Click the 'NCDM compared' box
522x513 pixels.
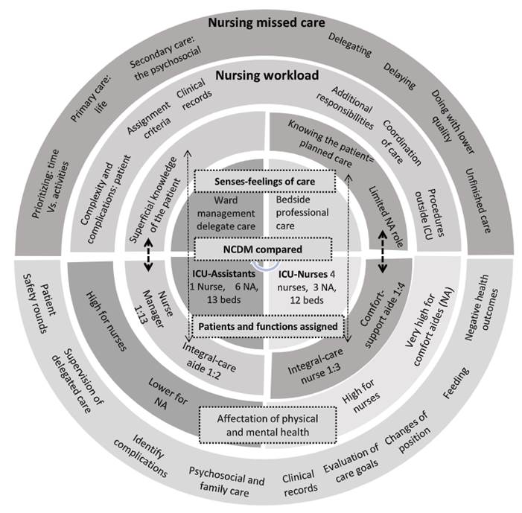(x=263, y=246)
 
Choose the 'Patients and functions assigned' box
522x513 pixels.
(x=263, y=325)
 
